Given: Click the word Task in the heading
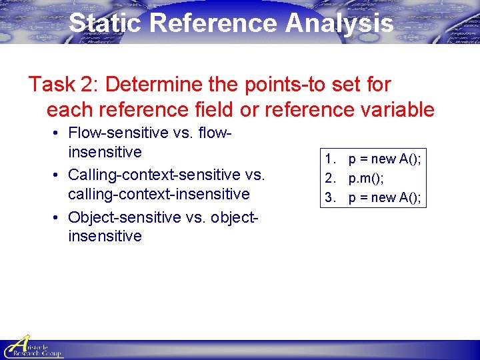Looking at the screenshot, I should click(x=51, y=85).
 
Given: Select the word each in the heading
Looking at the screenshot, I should click(x=69, y=109).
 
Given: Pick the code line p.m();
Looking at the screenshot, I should click(x=366, y=179).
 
